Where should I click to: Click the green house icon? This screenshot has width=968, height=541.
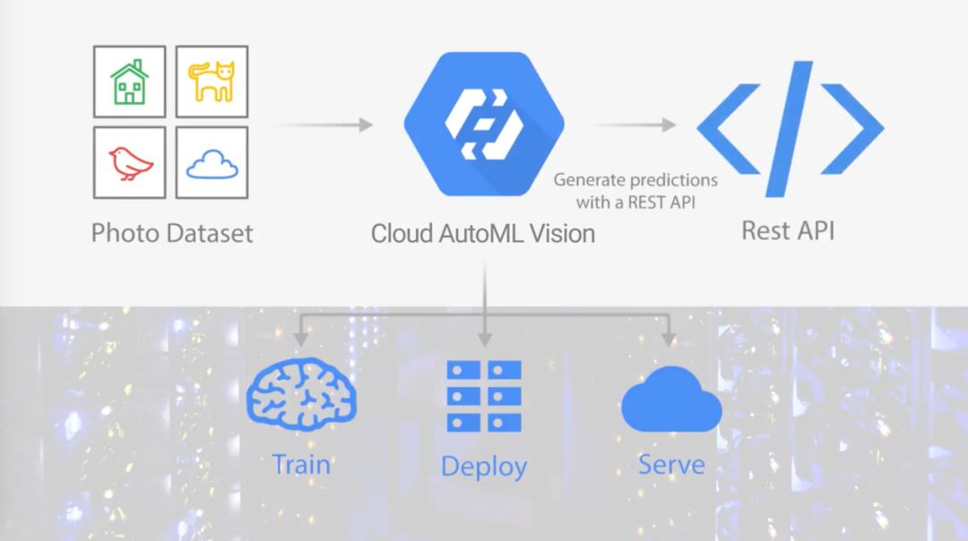coord(130,82)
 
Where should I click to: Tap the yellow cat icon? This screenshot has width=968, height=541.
coord(212,82)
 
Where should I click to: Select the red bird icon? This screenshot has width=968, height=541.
coord(130,163)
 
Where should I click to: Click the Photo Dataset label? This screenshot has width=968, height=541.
coord(172,234)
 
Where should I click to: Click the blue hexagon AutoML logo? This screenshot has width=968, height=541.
coord(484,125)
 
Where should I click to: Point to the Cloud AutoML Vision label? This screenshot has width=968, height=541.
coord(483,235)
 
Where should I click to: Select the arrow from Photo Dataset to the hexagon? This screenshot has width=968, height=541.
coord(323,125)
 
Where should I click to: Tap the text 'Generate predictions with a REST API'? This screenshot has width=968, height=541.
coord(635,191)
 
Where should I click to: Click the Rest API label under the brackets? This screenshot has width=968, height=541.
coord(788,230)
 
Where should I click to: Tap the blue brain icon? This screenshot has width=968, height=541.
coord(302,391)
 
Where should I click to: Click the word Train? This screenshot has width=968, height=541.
coord(301,465)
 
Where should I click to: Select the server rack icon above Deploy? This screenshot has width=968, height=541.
coord(484,395)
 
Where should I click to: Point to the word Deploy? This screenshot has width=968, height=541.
coord(484,467)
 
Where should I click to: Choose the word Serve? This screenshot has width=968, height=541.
coord(671,465)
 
